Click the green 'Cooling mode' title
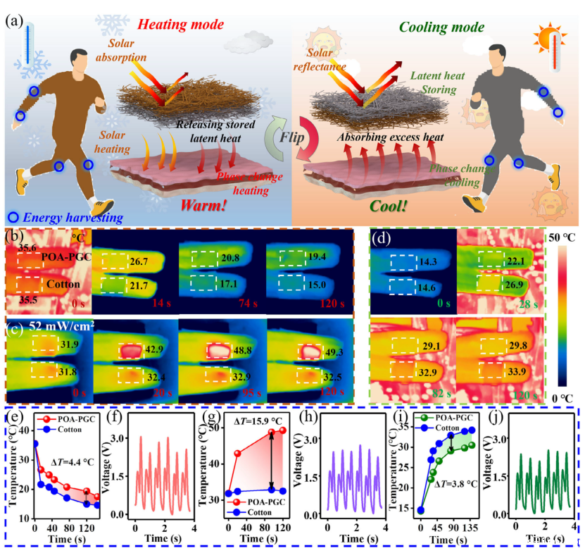[x=442, y=27]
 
